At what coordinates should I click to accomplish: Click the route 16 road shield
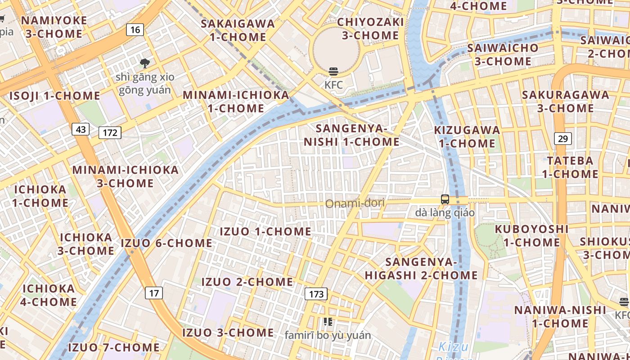tap(135, 30)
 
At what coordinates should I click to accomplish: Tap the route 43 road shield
tap(81, 130)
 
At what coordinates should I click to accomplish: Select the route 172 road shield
tap(110, 132)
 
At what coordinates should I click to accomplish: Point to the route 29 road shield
tap(562, 139)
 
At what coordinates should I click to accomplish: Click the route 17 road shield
tap(154, 293)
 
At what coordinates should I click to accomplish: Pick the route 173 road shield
tap(316, 294)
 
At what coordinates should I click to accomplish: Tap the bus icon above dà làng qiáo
tap(445, 199)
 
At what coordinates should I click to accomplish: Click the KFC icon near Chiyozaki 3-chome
tap(333, 72)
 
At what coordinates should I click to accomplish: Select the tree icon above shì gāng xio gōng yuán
tap(144, 63)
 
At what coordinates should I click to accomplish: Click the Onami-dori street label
tap(355, 203)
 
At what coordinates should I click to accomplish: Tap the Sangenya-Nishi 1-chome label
tap(351, 135)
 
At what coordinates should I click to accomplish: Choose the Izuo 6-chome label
tap(166, 243)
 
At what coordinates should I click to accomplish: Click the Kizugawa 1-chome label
tap(467, 137)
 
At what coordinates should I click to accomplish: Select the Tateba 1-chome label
tap(570, 167)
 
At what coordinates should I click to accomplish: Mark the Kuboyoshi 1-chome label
tap(531, 235)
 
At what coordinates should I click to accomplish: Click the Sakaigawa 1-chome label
tap(238, 30)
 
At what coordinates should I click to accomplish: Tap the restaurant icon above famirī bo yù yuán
tap(328, 322)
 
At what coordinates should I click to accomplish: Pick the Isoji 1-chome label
tap(54, 96)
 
